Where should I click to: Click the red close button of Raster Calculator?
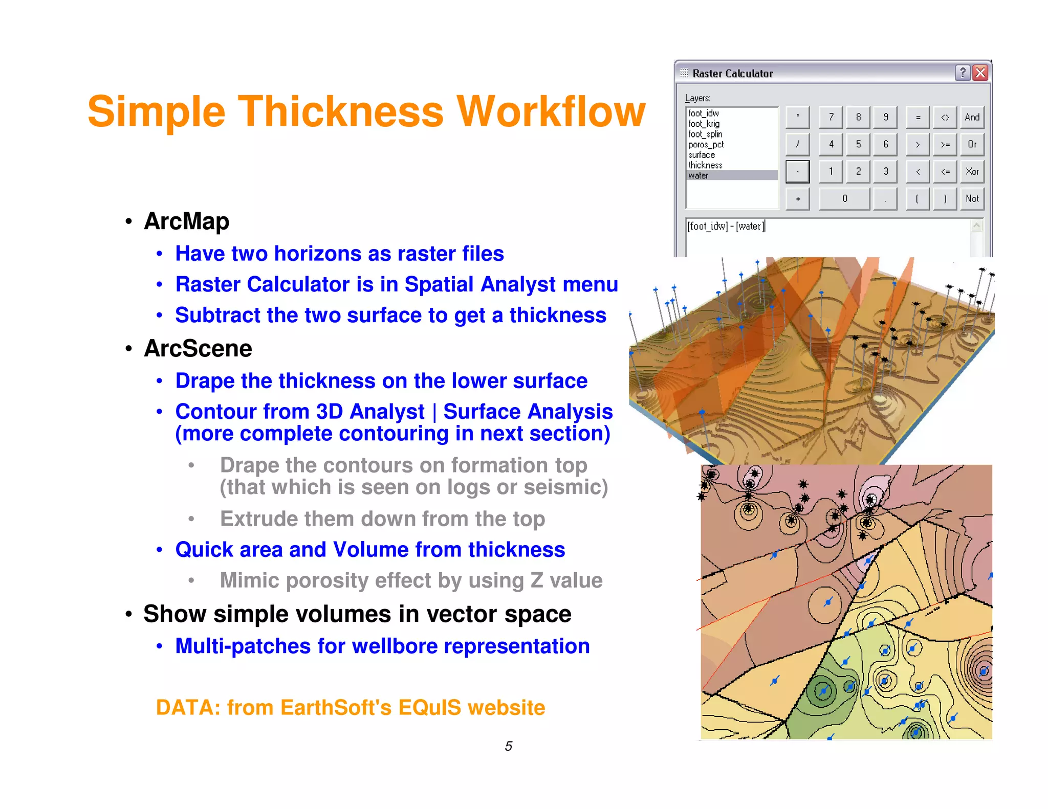(x=980, y=73)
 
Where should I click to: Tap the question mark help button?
(x=962, y=73)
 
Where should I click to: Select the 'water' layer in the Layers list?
(x=698, y=175)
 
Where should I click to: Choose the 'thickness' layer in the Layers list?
(x=705, y=165)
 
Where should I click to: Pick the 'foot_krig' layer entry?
(x=704, y=124)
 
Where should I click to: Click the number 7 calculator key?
(x=831, y=117)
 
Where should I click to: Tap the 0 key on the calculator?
(x=844, y=198)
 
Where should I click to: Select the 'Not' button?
(x=971, y=198)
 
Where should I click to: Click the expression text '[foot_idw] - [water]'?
(x=726, y=226)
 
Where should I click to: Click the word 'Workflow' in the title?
(x=551, y=112)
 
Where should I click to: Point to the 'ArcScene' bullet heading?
(x=198, y=349)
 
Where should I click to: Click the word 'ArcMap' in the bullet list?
(x=187, y=221)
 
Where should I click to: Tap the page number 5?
(x=508, y=746)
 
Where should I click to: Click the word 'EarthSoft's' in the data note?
(x=336, y=708)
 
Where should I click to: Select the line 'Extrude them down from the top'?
(x=382, y=519)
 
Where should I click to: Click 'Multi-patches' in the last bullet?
(x=243, y=646)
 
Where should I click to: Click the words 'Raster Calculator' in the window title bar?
(x=732, y=74)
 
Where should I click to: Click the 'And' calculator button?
(x=971, y=117)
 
